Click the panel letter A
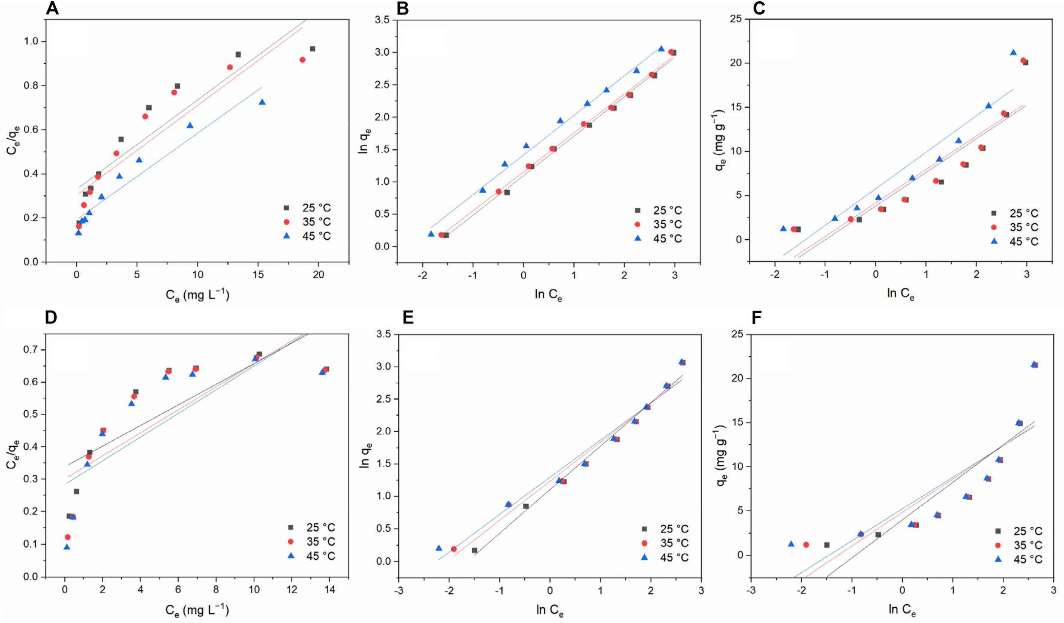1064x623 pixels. [x=52, y=8]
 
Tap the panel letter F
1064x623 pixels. [x=756, y=317]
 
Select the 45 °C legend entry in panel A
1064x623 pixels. [x=307, y=236]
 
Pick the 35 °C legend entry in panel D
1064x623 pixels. [x=312, y=541]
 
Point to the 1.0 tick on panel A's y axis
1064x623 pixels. [x=31, y=41]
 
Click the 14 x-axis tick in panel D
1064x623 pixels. [x=330, y=589]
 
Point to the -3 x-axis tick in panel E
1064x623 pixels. [x=398, y=591]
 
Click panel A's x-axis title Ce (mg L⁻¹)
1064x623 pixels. [x=197, y=295]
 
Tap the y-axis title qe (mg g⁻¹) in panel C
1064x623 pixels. [x=720, y=140]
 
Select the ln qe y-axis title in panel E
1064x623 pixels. [x=365, y=455]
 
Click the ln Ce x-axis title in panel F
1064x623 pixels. [x=901, y=610]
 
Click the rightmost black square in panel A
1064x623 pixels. [x=312, y=49]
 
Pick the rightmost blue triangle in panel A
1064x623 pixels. [x=262, y=102]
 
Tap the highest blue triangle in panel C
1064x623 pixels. [x=1013, y=53]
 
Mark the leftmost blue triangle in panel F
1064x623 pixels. [x=791, y=544]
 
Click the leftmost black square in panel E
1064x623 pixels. [x=475, y=550]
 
